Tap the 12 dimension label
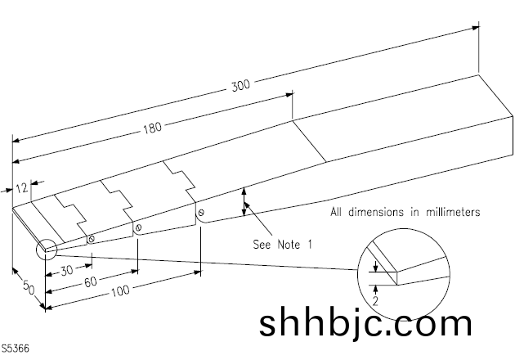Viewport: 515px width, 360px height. (22, 188)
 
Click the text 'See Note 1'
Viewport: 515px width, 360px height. (283, 244)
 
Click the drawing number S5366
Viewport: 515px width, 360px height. (16, 349)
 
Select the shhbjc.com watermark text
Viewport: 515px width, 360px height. (365, 322)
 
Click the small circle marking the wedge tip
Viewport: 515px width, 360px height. (44, 248)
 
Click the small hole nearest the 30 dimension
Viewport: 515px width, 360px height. (92, 239)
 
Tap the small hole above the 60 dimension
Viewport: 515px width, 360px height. (139, 227)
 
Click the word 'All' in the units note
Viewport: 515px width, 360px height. (338, 212)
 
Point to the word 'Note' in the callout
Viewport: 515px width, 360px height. (287, 244)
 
